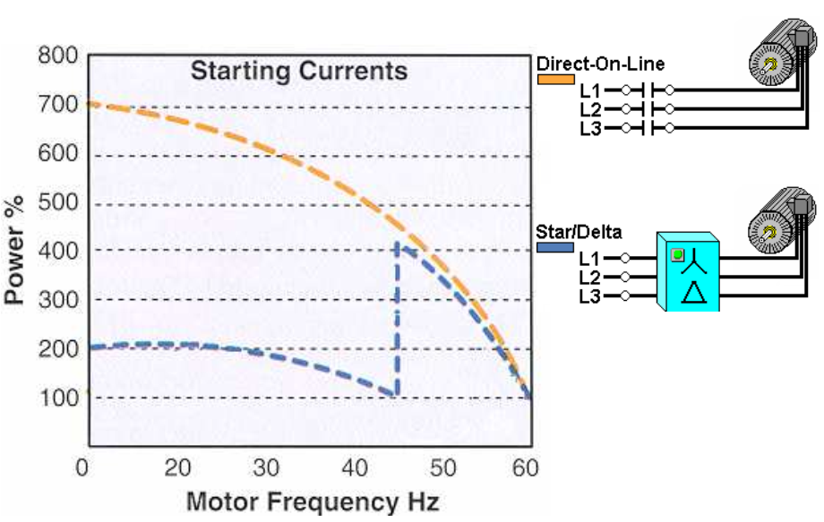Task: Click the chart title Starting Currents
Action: coord(298,71)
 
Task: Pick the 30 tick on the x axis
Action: coord(266,467)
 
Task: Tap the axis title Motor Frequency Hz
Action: coord(313,501)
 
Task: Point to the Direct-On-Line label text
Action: coord(599,64)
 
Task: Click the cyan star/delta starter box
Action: coord(690,271)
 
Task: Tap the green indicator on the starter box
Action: coord(678,254)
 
